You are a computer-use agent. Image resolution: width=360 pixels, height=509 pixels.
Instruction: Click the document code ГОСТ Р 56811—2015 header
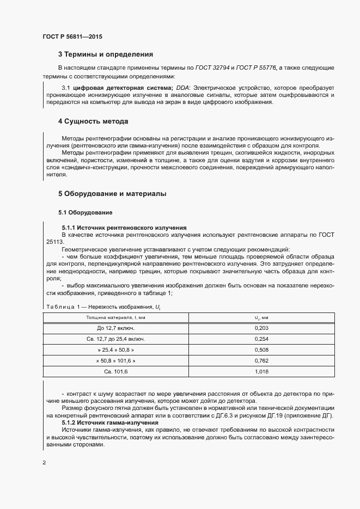click(72, 37)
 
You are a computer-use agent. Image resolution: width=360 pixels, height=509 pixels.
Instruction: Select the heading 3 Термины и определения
click(105, 54)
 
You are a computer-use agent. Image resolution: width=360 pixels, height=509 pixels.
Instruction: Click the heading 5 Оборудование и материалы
click(112, 193)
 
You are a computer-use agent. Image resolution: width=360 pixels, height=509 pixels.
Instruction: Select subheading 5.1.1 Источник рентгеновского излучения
click(124, 227)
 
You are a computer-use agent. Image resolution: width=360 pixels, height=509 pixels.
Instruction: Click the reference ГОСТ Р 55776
click(257, 68)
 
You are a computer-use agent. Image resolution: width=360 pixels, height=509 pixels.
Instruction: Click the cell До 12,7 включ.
click(115, 328)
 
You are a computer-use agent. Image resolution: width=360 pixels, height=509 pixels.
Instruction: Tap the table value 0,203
click(261, 328)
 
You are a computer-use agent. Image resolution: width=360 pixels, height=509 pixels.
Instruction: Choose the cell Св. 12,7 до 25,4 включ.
click(115, 339)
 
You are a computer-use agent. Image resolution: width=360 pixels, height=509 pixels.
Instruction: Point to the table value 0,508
click(261, 349)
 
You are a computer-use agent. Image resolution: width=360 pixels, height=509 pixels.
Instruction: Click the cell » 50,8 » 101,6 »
click(115, 360)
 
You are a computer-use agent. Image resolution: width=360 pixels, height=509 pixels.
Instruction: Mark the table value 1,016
click(261, 371)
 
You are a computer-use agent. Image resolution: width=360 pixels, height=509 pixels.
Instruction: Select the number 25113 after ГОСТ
click(54, 241)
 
